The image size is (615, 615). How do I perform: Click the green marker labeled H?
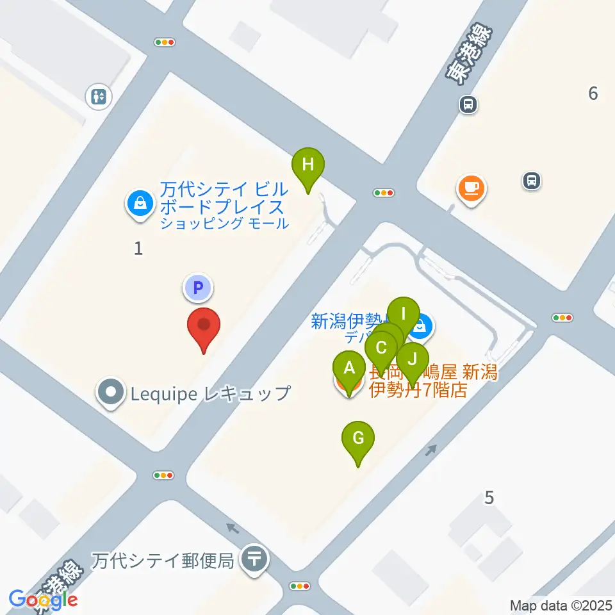pyautogui.click(x=308, y=165)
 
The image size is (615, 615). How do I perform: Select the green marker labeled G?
pyautogui.click(x=358, y=439)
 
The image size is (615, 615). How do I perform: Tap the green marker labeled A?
pyautogui.click(x=349, y=368)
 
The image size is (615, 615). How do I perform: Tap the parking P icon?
pyautogui.click(x=198, y=288)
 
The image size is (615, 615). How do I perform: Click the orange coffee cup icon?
pyautogui.click(x=471, y=188)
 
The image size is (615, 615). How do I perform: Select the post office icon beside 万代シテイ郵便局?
pyautogui.click(x=254, y=559)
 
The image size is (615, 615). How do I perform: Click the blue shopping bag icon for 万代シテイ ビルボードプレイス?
pyautogui.click(x=139, y=204)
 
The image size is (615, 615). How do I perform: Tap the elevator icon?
pyautogui.click(x=99, y=97)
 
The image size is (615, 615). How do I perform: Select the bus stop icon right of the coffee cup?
pyautogui.click(x=531, y=181)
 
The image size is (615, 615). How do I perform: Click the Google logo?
pyautogui.click(x=44, y=600)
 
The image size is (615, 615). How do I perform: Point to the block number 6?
pyautogui.click(x=593, y=94)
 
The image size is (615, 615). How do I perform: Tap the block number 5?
pyautogui.click(x=489, y=497)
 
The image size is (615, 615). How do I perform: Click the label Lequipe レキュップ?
pyautogui.click(x=210, y=393)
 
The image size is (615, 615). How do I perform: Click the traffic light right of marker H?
pyautogui.click(x=384, y=192)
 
